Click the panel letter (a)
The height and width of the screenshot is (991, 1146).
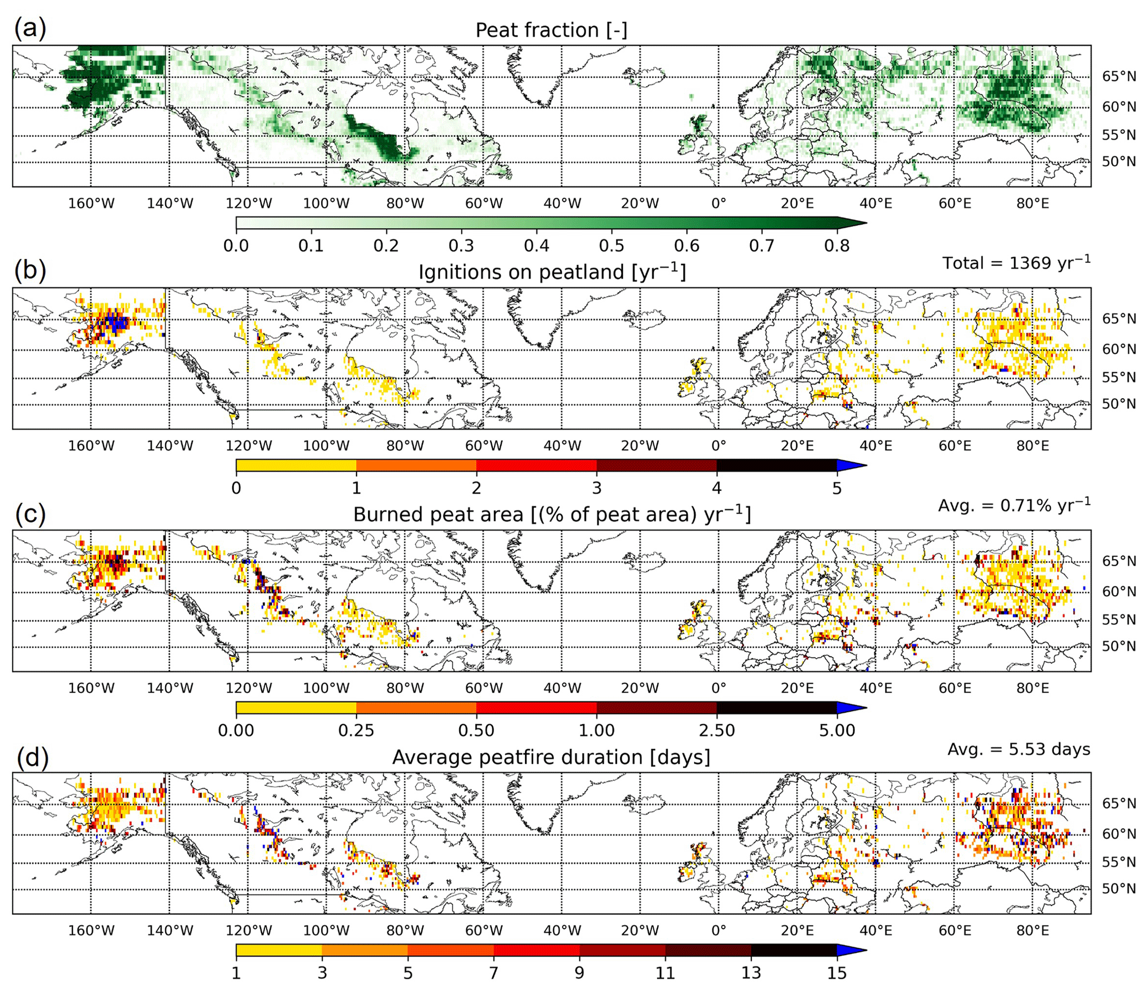tap(30, 28)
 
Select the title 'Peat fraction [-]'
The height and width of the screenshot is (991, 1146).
tap(551, 30)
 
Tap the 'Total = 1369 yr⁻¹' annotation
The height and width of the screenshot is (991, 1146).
tap(1016, 263)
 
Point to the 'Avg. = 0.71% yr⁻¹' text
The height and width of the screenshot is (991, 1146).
tap(1014, 505)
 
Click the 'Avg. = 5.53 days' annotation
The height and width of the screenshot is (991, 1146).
tap(1018, 749)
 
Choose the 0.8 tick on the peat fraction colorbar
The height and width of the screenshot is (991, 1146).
tap(837, 245)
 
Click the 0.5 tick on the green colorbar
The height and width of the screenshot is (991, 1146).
tap(612, 245)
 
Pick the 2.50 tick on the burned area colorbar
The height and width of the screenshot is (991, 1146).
tap(717, 730)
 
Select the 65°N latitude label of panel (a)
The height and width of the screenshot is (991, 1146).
tap(1119, 77)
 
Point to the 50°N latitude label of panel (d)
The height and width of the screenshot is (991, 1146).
tap(1119, 888)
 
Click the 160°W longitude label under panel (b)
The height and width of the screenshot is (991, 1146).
tap(91, 446)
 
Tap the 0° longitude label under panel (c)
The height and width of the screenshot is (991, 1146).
tap(719, 688)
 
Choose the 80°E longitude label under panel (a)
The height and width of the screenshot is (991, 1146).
tap(1032, 204)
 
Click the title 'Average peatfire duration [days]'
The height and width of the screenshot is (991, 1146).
tap(551, 757)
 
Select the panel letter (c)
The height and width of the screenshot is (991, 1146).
tap(30, 514)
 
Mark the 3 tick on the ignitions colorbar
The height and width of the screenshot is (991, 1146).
tap(597, 488)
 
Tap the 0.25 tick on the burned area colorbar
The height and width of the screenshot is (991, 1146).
tap(356, 730)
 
